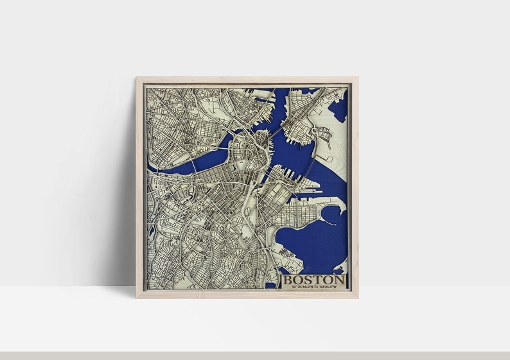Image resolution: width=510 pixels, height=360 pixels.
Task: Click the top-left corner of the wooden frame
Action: (137, 78)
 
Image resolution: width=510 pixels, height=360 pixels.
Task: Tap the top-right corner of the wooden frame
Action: (357, 78)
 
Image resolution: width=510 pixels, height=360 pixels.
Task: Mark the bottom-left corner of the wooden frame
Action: (137, 297)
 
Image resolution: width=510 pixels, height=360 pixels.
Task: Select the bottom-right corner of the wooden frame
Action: (357, 297)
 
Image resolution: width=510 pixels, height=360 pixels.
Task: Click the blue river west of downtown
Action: (193, 164)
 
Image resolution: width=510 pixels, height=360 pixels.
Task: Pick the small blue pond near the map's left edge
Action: (151, 230)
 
